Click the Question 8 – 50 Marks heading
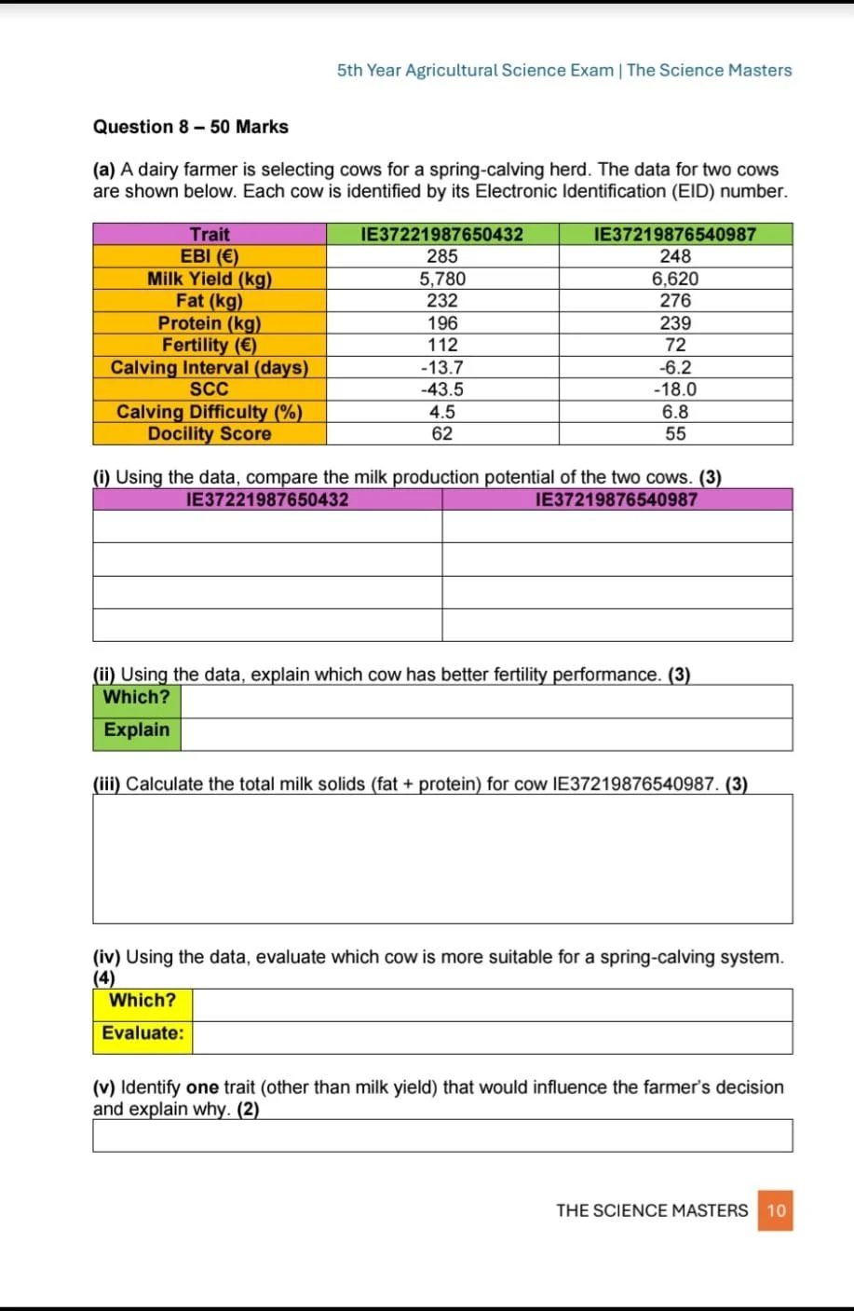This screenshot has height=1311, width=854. click(x=190, y=127)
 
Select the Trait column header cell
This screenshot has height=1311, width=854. click(x=210, y=234)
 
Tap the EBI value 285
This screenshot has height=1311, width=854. click(x=442, y=256)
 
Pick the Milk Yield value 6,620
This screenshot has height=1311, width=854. click(x=675, y=279)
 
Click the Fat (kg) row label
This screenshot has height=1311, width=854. click(x=210, y=300)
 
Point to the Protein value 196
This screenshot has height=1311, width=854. click(x=442, y=322)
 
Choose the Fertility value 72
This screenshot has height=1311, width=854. click(x=675, y=345)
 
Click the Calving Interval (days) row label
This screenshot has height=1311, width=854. click(x=210, y=367)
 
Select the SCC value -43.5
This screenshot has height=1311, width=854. click(x=442, y=389)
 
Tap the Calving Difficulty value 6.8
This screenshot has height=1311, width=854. click(x=675, y=412)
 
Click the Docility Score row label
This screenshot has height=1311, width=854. click(x=210, y=433)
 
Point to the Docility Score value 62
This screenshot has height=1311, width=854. click(x=442, y=433)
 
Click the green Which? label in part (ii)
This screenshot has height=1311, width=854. click(x=137, y=697)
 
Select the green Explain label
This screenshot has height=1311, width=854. click(x=137, y=730)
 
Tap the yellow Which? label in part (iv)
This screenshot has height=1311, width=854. click(x=142, y=1001)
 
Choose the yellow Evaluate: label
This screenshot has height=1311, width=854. click(x=142, y=1033)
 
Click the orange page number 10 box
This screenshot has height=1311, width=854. click(x=776, y=1210)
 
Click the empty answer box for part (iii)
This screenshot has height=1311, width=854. click(x=442, y=858)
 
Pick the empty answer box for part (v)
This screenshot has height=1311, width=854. click(x=442, y=1136)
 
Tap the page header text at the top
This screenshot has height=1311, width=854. click(x=564, y=71)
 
